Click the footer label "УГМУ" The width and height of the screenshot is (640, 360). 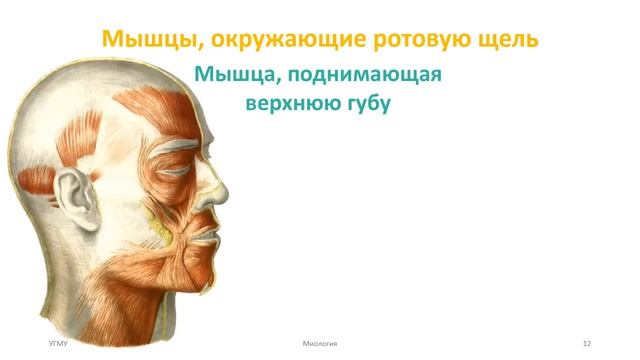pos(60,343)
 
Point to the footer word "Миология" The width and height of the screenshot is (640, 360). pos(320,343)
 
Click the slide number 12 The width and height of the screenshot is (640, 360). pos(587,343)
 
